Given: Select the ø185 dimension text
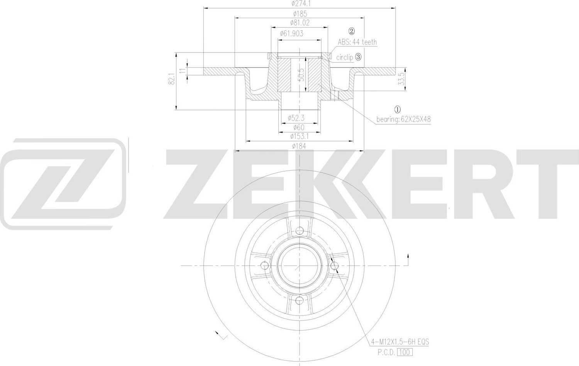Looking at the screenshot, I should [300, 13].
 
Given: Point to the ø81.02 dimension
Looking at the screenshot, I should [300, 23].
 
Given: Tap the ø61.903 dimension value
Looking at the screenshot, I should [291, 34].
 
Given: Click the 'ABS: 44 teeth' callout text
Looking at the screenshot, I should [357, 42].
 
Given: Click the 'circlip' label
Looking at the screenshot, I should [344, 57].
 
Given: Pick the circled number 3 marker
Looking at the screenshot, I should [358, 57].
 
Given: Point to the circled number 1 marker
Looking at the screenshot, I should [398, 110].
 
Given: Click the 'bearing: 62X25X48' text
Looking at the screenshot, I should [403, 119].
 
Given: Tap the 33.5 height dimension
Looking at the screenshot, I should [402, 79].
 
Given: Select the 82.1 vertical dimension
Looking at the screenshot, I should [172, 79].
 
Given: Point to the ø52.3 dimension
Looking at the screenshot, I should [296, 118].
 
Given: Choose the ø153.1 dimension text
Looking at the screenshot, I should [300, 136].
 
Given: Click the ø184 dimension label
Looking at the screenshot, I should [300, 146].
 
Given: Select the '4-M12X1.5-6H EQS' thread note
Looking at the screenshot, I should [400, 342].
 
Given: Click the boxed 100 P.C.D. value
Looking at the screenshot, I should [405, 352].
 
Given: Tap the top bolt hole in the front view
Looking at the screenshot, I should [300, 231].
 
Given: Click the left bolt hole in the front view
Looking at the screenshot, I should [264, 265].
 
